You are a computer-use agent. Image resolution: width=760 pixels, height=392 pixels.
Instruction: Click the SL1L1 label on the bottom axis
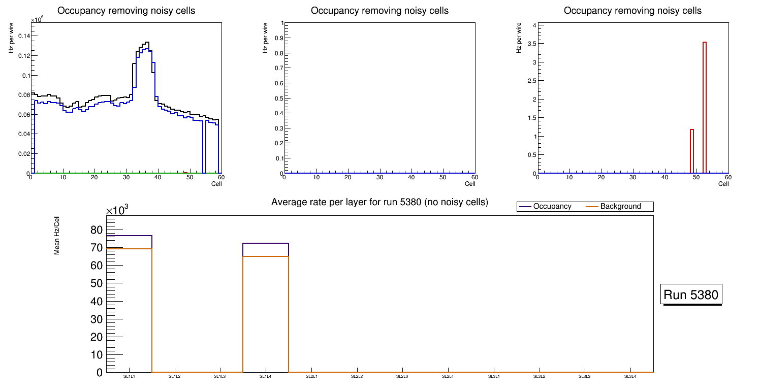click(129, 377)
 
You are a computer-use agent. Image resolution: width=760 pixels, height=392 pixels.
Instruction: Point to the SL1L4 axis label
click(266, 377)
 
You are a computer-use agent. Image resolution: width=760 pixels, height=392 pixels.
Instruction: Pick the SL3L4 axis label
click(630, 377)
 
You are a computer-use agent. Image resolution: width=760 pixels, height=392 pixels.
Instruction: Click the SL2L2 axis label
click(357, 377)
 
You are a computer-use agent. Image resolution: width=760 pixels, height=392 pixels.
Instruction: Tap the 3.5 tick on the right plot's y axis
click(528, 44)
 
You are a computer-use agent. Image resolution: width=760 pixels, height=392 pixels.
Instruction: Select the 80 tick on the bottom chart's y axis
click(96, 230)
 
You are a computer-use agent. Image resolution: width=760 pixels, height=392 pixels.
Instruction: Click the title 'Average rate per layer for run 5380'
click(379, 203)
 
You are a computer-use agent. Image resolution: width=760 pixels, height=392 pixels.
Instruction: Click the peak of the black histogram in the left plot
click(147, 42)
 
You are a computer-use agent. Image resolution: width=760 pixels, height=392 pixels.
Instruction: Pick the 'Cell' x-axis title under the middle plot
click(470, 184)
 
